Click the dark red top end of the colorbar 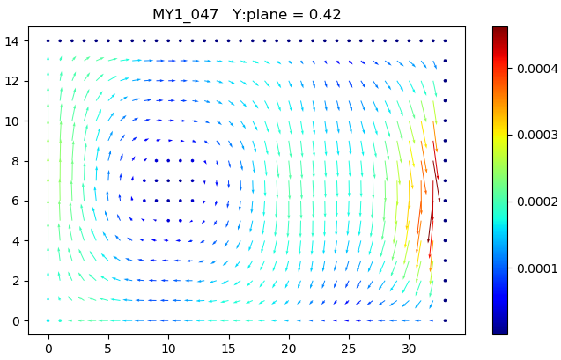(x=499, y=30)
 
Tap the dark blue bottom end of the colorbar (x=499, y=331)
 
